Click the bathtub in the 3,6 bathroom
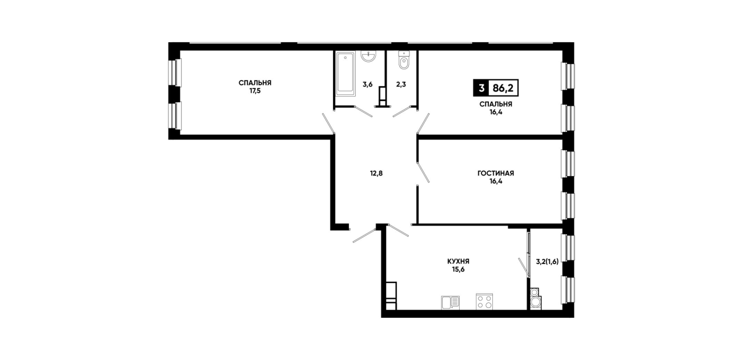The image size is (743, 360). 346,73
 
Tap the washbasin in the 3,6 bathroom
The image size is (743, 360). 368,57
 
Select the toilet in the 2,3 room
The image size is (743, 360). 404,60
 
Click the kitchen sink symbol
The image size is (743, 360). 450,302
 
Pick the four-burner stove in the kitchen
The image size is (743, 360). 484,301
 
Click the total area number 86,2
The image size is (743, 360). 503,88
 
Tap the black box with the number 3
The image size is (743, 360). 481,88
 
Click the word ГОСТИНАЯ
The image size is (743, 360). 496,173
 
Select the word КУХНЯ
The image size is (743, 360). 458,262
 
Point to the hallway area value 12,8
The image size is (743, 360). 376,173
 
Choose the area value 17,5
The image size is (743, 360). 255,91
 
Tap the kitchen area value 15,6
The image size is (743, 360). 458,269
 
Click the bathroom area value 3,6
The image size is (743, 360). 368,84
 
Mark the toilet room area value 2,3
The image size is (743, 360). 401,84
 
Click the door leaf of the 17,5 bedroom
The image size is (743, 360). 328,123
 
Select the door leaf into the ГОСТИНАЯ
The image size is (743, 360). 423,172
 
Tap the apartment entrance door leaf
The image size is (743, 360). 364,235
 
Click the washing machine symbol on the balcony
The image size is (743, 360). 535,299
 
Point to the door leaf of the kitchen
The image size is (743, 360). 399,230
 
